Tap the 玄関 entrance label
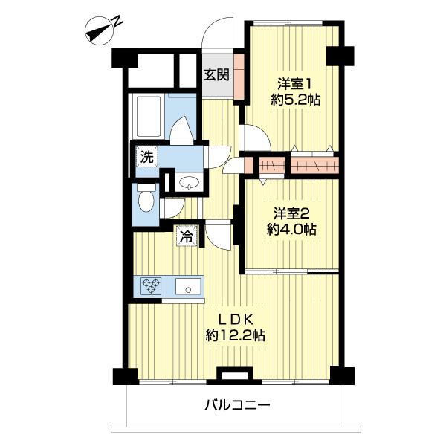tap(216, 74)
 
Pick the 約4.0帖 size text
tap(291, 229)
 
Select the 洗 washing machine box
tap(147, 158)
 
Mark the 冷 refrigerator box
tap(187, 238)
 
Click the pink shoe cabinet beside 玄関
tap(239, 77)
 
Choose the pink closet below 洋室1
tap(313, 164)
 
